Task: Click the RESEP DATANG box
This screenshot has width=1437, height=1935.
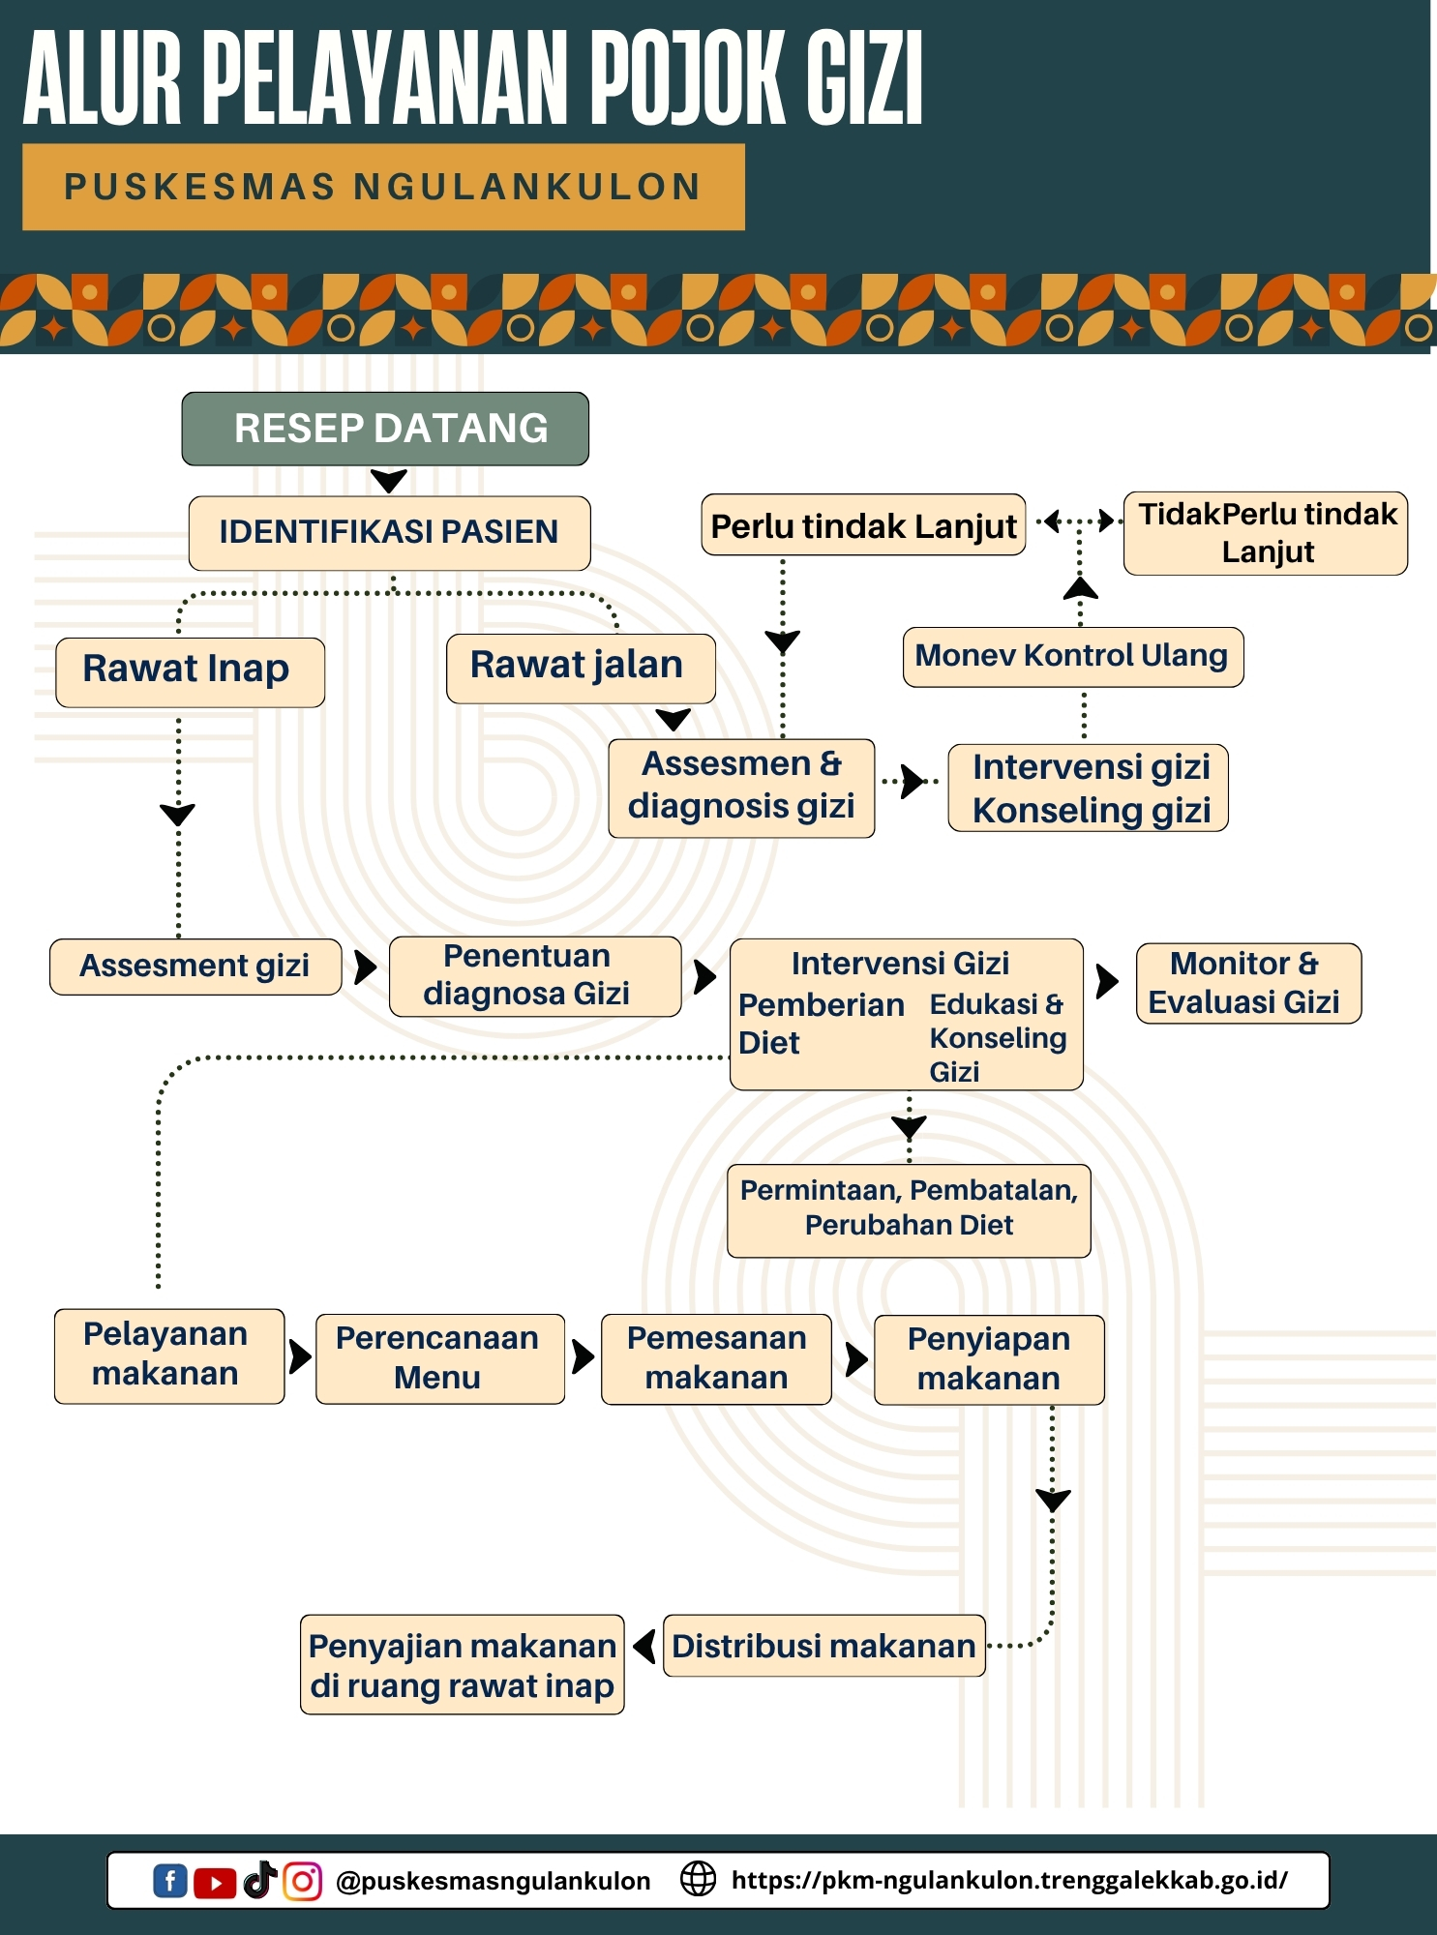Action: coord(385,429)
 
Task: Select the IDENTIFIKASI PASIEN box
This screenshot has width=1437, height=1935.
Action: coord(389,532)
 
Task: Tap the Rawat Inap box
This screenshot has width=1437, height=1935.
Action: coord(190,670)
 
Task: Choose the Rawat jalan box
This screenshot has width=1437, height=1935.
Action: coord(580,668)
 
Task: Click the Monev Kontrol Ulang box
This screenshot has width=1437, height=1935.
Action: coord(1072,657)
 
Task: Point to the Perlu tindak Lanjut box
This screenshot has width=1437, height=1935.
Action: coord(862,525)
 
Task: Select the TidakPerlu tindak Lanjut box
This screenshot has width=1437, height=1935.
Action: coord(1265,533)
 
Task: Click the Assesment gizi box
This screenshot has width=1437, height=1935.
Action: coord(195,966)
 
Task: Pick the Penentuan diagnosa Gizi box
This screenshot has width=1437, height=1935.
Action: coord(534,975)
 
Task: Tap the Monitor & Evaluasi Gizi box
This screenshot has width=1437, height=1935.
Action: coord(1247,983)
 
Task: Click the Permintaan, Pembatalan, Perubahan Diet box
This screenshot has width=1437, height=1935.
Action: coord(909,1209)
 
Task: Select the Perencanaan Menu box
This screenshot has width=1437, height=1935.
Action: coord(439,1358)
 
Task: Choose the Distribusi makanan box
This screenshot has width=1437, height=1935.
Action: coord(823,1645)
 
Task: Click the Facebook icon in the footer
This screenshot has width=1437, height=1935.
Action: coord(169,1881)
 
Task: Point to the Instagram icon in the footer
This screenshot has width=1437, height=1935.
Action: coord(302,1881)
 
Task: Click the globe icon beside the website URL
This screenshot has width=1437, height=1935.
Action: coord(698,1879)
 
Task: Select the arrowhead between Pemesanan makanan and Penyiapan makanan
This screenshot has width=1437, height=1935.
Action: coord(855,1358)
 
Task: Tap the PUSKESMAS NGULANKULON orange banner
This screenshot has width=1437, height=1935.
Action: coord(383,187)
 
